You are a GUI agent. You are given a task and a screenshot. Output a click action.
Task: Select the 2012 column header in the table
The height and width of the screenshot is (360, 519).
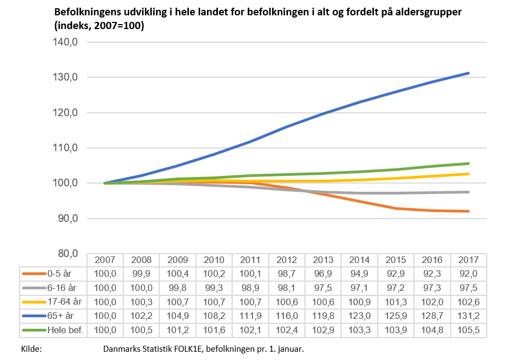(287, 260)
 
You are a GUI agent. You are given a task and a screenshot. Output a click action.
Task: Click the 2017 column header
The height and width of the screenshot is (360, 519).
(468, 260)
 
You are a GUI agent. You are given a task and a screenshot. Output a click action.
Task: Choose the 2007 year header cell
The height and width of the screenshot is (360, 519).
(105, 260)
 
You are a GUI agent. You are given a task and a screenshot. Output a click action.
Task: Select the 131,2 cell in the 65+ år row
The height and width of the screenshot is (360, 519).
(468, 316)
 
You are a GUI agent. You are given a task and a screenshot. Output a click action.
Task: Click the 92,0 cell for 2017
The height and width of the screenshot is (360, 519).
(468, 273)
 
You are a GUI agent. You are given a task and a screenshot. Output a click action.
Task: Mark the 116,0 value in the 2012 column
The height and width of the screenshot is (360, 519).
(287, 316)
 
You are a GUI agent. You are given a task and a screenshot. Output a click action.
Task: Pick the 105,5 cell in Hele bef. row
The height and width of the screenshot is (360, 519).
(468, 330)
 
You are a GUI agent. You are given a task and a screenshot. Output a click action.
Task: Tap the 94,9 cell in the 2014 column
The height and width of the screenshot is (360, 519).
(359, 273)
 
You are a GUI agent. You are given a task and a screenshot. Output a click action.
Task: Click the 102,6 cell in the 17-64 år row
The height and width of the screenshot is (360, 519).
(468, 301)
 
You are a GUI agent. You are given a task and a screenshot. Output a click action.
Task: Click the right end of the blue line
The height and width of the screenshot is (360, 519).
(469, 73)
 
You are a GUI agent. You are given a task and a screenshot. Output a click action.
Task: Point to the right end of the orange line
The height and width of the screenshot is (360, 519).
(469, 211)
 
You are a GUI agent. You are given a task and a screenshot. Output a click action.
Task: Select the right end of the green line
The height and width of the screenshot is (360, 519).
(469, 163)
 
